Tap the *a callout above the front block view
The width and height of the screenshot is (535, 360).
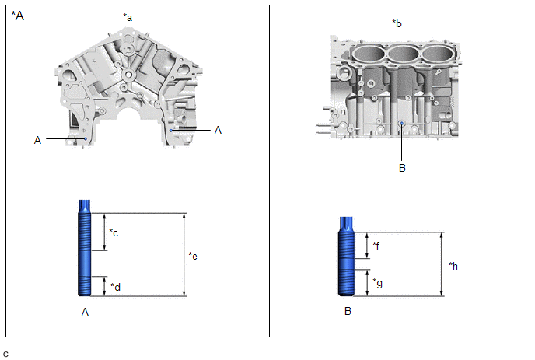pyautogui.click(x=128, y=16)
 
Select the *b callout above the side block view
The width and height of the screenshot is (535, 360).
pyautogui.click(x=398, y=23)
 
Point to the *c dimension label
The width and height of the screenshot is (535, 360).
pyautogui.click(x=114, y=232)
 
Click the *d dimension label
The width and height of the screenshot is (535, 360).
pyautogui.click(x=115, y=287)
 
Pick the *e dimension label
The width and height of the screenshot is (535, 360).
pyautogui.click(x=194, y=255)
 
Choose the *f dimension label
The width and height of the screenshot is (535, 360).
pyautogui.click(x=376, y=246)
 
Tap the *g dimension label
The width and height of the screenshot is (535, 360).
pyautogui.click(x=377, y=282)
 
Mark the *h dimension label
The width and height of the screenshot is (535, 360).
pyautogui.click(x=454, y=265)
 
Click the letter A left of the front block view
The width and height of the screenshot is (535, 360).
pyautogui.click(x=37, y=139)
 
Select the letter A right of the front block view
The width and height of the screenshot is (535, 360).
pyautogui.click(x=218, y=130)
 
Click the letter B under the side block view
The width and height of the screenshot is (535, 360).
pyautogui.click(x=401, y=166)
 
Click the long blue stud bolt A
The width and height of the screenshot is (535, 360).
pyautogui.click(x=86, y=249)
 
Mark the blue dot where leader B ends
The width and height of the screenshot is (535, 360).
pyautogui.click(x=401, y=123)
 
